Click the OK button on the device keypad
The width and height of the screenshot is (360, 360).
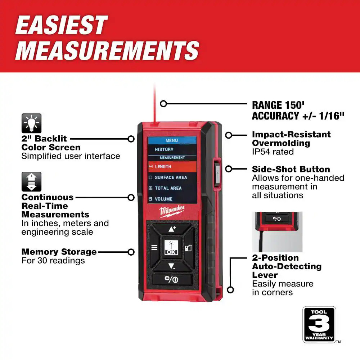[171, 247]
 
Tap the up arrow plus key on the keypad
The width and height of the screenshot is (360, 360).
[172, 229]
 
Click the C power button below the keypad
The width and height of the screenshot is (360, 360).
[172, 279]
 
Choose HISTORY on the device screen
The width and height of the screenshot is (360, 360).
[164, 149]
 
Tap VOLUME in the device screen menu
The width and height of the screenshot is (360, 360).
[163, 199]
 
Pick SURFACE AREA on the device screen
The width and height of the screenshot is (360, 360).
[171, 177]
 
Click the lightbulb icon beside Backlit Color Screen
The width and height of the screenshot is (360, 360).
[31, 123]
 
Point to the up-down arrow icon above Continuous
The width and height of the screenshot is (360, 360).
[31, 181]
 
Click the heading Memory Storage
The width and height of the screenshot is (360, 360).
[59, 252]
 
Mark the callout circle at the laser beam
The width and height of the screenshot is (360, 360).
[163, 104]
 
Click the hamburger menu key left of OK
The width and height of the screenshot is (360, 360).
[154, 247]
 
